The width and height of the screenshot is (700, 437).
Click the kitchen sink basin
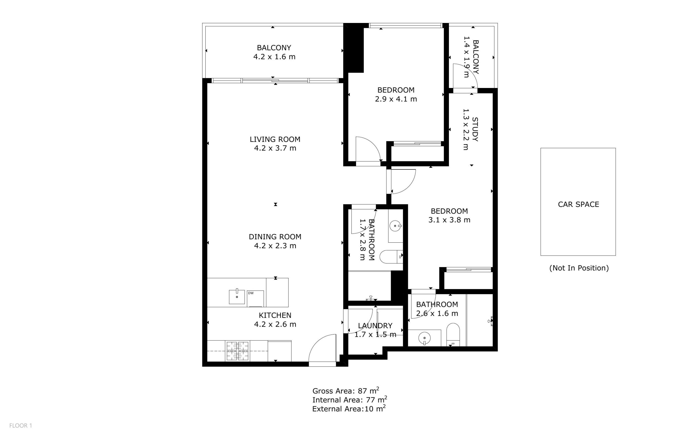pyautogui.click(x=237, y=297)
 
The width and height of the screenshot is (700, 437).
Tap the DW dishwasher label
pyautogui.click(x=251, y=293)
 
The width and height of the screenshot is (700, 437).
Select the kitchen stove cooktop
pyautogui.click(x=238, y=351)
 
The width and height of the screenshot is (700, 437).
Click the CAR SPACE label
pyautogui.click(x=578, y=204)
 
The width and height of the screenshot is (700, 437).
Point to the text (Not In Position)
pyautogui.click(x=579, y=268)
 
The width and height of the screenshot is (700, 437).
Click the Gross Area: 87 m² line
pyautogui.click(x=346, y=391)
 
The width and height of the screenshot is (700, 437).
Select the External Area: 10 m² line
pyautogui.click(x=349, y=408)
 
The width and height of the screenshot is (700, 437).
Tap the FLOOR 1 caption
pyautogui.click(x=21, y=426)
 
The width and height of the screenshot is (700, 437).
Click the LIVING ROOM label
pyautogui.click(x=275, y=139)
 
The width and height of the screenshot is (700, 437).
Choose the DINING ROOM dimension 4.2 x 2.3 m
pyautogui.click(x=275, y=246)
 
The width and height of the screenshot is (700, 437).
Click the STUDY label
pyautogui.click(x=475, y=129)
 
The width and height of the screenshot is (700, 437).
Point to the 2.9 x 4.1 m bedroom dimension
pyautogui.click(x=396, y=99)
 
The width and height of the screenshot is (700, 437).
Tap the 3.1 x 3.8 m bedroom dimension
pyautogui.click(x=449, y=220)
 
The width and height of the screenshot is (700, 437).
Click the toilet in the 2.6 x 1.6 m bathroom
pyautogui.click(x=453, y=335)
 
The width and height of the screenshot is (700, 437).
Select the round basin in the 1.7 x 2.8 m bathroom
pyautogui.click(x=395, y=226)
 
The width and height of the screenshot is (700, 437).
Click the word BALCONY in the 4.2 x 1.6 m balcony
pyautogui.click(x=274, y=48)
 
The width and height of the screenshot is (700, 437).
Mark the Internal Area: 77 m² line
pyautogui.click(x=349, y=400)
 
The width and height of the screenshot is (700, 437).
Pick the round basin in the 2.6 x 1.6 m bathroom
pyautogui.click(x=424, y=338)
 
